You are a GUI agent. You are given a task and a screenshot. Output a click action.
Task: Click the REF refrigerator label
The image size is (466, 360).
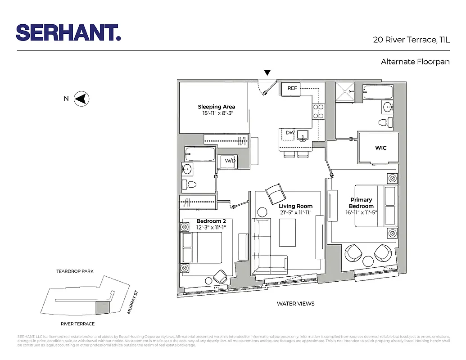[x=292, y=88]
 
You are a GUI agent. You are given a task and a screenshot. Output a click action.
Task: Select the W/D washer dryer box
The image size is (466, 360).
[x=230, y=161]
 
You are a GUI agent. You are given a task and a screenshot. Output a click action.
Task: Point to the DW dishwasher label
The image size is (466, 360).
[x=290, y=132]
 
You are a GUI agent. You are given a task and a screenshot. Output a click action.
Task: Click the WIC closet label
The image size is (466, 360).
[x=380, y=148]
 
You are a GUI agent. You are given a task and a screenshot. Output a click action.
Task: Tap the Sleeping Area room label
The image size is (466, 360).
[x=217, y=107]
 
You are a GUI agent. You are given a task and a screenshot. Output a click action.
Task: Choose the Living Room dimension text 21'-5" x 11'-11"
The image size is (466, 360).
[x=295, y=212]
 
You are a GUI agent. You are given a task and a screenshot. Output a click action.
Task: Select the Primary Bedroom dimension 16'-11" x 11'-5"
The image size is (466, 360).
[x=362, y=212]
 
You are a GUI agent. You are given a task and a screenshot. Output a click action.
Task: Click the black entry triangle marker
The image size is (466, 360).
[x=267, y=73]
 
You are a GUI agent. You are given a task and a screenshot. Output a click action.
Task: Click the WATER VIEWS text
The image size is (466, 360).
[x=295, y=304]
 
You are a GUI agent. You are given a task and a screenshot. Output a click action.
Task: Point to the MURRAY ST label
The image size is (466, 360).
[x=131, y=302]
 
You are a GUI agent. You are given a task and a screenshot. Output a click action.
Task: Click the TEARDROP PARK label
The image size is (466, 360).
[x=75, y=272]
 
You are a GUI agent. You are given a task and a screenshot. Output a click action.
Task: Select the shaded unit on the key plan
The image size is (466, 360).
[x=103, y=308]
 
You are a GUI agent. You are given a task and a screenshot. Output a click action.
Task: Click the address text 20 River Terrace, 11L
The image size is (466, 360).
[x=411, y=40]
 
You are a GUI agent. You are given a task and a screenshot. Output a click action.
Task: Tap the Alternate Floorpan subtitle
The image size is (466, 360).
[x=415, y=62]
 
